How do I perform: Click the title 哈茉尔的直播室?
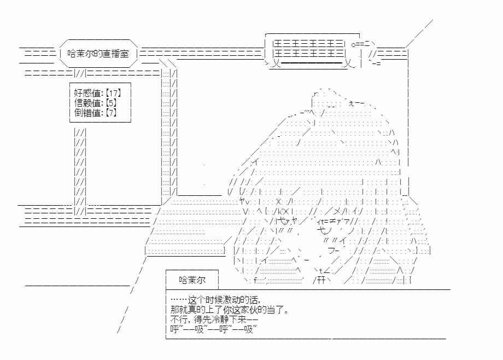click(98, 53)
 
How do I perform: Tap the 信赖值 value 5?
click(110, 103)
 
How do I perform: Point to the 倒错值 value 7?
click(110, 113)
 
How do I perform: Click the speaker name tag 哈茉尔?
click(192, 280)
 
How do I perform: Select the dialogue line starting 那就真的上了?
click(230, 310)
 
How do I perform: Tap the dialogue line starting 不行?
click(214, 320)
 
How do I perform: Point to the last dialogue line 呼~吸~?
click(213, 329)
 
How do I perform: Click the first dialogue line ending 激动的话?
click(215, 300)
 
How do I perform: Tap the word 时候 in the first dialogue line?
click(213, 300)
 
